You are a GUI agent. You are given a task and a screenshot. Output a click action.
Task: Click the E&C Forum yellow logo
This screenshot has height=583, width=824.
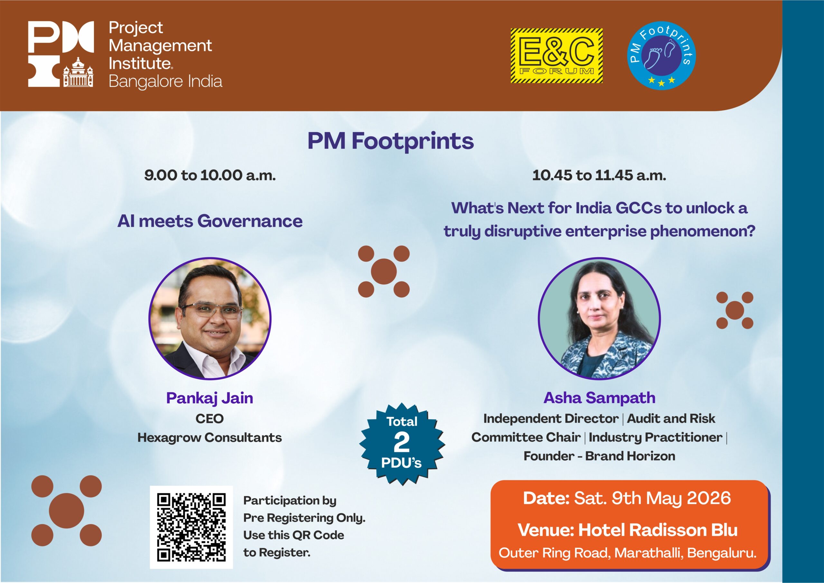[557, 56]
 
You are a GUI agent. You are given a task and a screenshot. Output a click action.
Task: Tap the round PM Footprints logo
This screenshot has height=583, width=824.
[662, 56]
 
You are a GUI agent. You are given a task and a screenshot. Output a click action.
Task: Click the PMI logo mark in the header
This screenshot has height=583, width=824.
[61, 54]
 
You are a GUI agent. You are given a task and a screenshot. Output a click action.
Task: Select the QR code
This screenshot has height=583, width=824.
[191, 527]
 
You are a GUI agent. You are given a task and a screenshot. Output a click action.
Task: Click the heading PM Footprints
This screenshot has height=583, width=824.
[390, 141]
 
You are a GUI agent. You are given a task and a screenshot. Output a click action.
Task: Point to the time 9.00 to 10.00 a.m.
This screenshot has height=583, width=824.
[210, 175]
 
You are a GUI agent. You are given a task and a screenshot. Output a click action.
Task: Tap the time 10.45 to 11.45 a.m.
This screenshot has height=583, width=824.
[599, 175]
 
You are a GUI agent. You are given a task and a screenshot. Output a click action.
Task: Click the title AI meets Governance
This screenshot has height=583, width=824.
[210, 221]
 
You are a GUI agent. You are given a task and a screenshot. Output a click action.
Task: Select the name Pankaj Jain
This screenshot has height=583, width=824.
[210, 399]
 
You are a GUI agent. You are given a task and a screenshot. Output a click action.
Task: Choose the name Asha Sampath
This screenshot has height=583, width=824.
[599, 398]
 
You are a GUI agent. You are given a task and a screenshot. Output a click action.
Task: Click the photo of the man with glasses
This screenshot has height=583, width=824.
[210, 318]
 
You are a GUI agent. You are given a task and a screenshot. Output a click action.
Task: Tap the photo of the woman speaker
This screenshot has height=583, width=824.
[599, 318]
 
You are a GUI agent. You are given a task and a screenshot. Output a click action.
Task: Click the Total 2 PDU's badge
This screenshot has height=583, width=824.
[402, 444]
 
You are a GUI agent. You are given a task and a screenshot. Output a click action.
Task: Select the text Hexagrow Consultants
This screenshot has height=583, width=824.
[210, 437]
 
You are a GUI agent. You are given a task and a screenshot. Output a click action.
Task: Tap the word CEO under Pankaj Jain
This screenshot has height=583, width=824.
[210, 418]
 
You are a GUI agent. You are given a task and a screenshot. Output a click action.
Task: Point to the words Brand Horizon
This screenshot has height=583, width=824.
[630, 456]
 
